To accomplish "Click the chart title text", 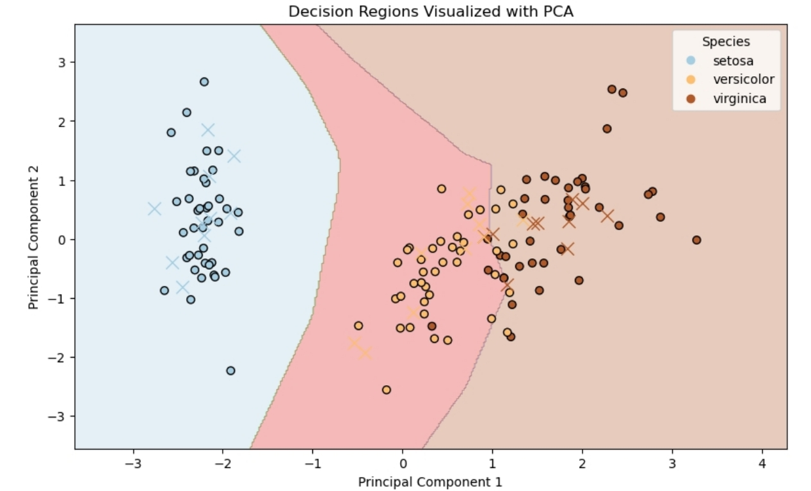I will coord(430,12).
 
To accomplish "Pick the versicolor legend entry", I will coord(743,79).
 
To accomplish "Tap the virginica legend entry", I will coord(739,99).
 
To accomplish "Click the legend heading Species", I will coord(726,42).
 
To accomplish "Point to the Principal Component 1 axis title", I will coord(430,481).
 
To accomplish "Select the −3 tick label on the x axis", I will coord(133,463).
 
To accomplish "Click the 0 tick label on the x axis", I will coord(403,463).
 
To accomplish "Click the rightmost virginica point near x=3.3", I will coord(696,240).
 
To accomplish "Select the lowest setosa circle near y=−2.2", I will coord(230,370).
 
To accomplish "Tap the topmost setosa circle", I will coord(204,81).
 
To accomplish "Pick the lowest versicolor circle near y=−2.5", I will coord(386,390).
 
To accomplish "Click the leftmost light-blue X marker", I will coord(154,208).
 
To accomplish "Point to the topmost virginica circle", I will coord(611,89).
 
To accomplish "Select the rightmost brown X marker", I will coord(607,216).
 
